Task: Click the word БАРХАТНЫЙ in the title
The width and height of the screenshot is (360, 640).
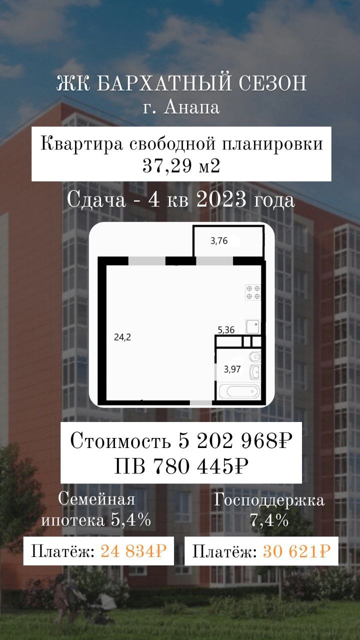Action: point(163,83)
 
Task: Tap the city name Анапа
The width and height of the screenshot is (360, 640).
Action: point(191,107)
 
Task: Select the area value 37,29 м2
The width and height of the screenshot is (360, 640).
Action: point(181,165)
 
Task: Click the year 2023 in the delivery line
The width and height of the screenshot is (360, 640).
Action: point(221,199)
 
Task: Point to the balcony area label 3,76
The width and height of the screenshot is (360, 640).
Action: point(219,241)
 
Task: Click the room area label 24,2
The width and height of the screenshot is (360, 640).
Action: point(122,337)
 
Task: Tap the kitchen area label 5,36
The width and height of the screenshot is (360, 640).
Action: point(226,330)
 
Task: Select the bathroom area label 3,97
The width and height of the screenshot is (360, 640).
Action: point(232,369)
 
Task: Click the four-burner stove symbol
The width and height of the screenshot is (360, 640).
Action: point(253,292)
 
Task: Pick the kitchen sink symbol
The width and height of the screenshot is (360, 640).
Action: point(253,327)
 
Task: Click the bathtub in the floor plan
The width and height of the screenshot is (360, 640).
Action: point(239,391)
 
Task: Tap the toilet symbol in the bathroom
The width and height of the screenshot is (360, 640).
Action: point(255,357)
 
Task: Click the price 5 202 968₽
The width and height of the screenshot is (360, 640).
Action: point(235,441)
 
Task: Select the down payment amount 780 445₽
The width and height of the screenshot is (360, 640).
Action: point(201,466)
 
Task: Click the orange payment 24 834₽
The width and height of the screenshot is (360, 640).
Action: point(133,551)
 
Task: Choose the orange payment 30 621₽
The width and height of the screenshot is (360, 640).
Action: point(296,551)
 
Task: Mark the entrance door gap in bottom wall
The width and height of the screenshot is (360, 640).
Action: point(201,402)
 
